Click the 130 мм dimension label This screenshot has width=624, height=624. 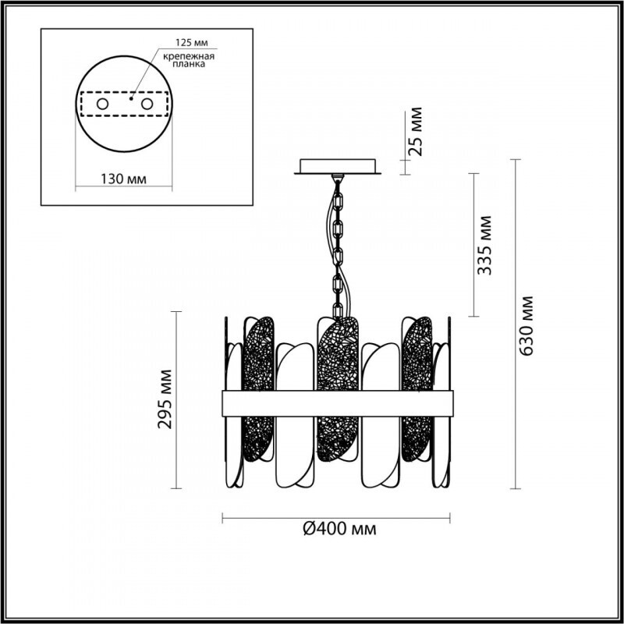tap(123, 179)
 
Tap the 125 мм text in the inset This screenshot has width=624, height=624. tap(192, 42)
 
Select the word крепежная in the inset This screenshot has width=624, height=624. tap(189, 56)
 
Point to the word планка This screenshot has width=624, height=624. tap(189, 64)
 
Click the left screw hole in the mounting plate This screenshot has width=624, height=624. tap(102, 105)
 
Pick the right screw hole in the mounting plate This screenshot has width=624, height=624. tap(147, 105)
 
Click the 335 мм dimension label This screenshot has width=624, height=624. tap(484, 245)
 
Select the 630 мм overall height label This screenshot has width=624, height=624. tap(527, 326)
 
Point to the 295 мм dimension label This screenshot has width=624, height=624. tap(165, 399)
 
